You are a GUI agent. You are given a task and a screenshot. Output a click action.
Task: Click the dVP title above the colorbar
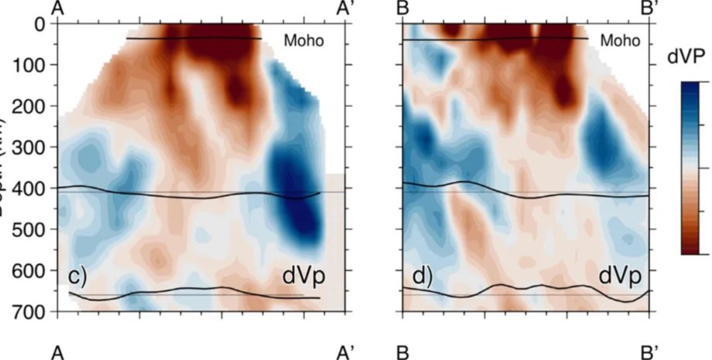coord(691,56)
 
